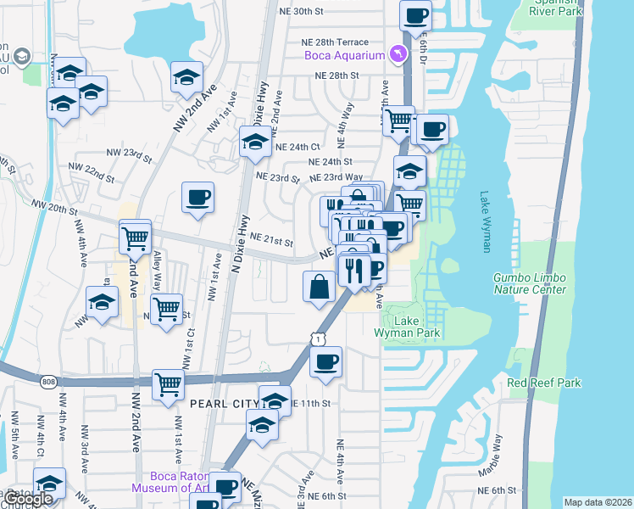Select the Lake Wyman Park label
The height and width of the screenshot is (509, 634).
click(407, 327)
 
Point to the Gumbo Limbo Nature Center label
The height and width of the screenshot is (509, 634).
click(530, 283)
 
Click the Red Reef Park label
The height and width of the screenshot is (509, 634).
click(544, 383)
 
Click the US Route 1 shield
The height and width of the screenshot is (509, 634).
click(316, 339)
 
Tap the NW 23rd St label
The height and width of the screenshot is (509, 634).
click(129, 155)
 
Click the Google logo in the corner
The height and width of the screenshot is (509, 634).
click(29, 499)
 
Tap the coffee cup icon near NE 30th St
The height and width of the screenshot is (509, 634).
click(415, 14)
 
